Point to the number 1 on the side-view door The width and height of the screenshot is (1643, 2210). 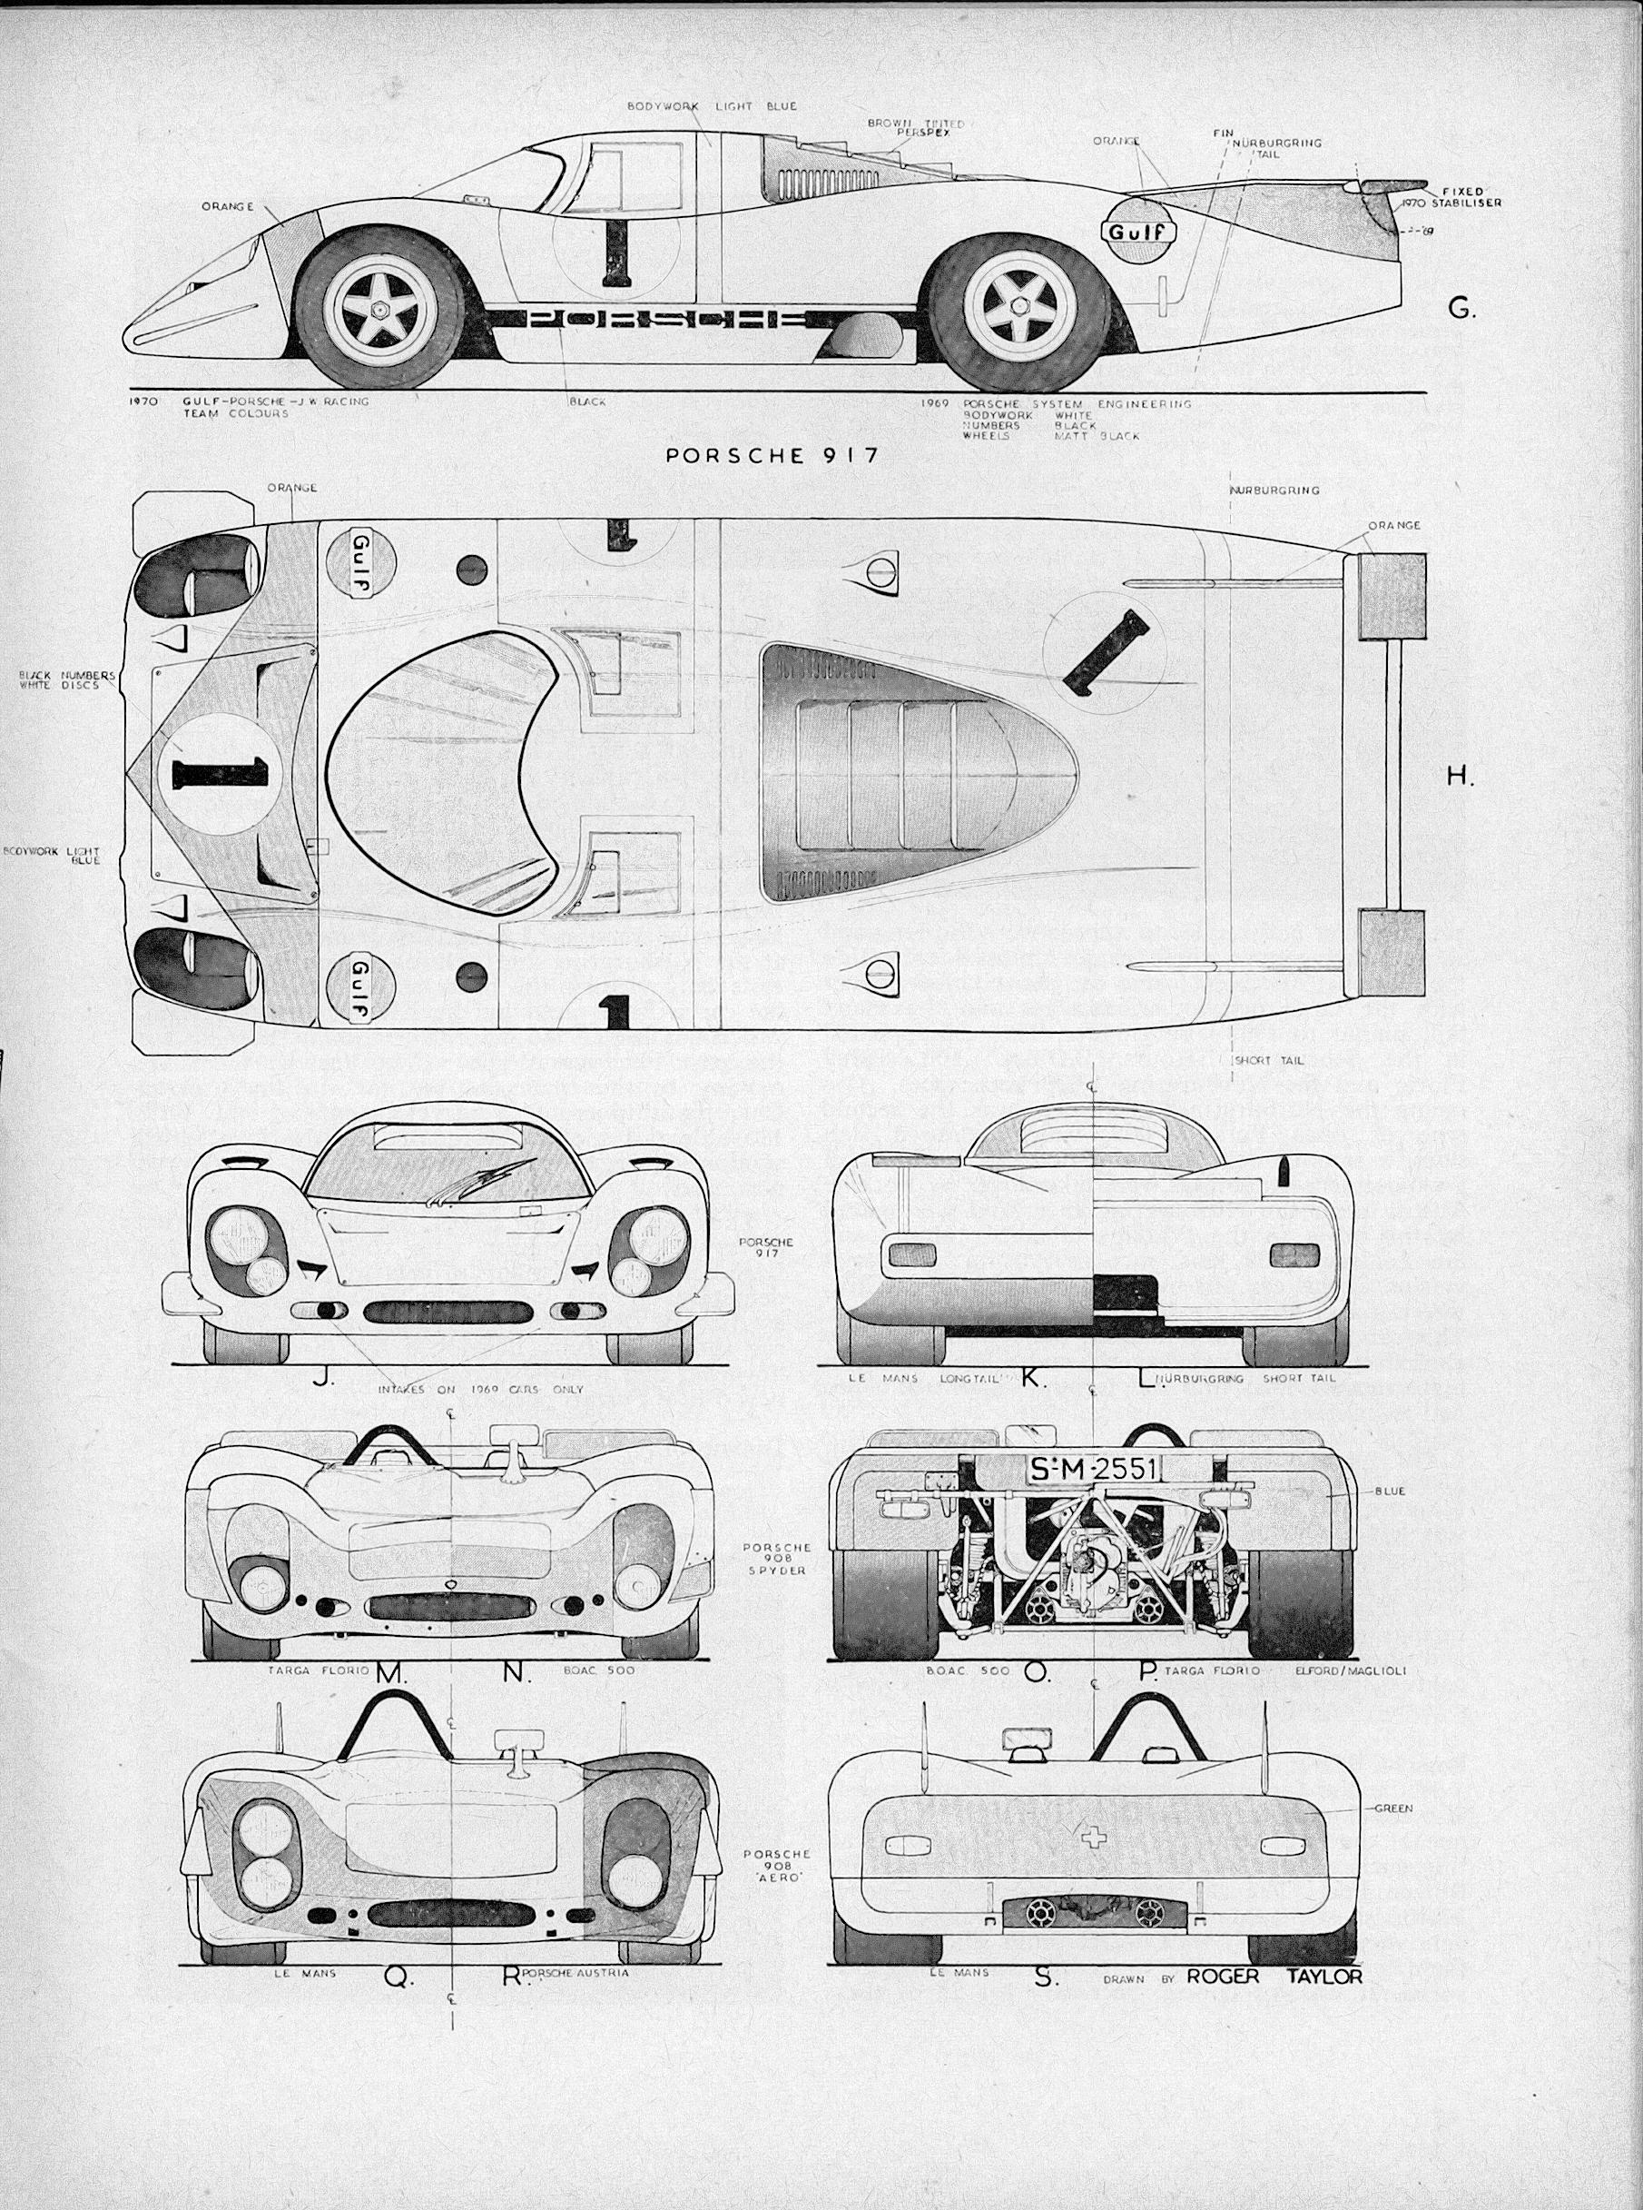tap(616, 253)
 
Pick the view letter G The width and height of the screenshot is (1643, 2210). tap(1460, 310)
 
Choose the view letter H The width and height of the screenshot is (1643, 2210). tap(1459, 778)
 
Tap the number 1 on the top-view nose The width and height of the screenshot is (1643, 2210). tap(220, 771)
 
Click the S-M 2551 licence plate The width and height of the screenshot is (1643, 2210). tap(1091, 1469)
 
